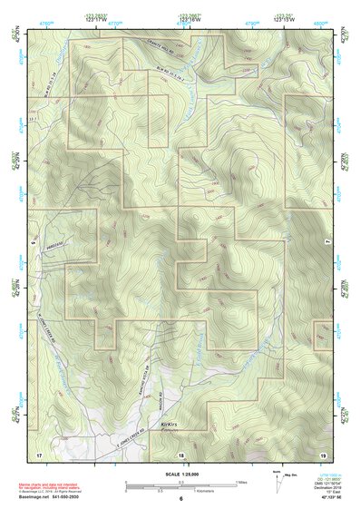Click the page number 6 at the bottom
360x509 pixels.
181,498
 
